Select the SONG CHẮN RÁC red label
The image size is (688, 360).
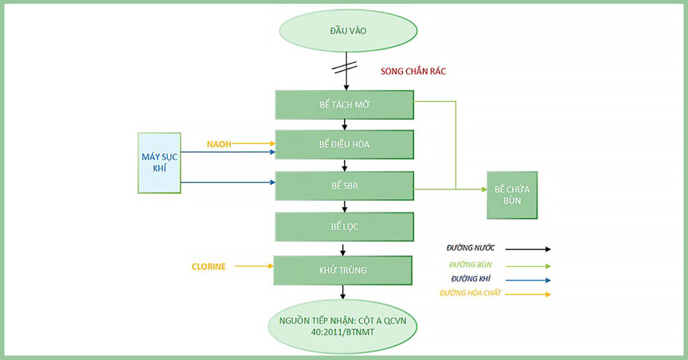coord(413,71)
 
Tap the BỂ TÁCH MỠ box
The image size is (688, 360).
coord(344,105)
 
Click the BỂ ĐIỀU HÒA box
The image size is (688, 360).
coord(344,144)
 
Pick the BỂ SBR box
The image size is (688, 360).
coord(344,185)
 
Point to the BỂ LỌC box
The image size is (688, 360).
coord(344,226)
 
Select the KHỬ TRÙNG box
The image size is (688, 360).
coord(344,270)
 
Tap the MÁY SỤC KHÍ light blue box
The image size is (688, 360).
coord(159,163)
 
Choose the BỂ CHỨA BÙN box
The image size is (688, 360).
coord(512,195)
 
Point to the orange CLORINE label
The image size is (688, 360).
coord(208,267)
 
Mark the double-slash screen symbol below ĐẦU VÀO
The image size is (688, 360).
coord(347,67)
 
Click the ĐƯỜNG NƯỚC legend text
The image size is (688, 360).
coord(470,249)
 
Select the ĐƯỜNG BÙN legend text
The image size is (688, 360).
coord(469,265)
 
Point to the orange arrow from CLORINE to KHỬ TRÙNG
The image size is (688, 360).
coord(253,267)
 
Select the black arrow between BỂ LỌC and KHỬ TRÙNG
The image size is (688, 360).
coord(344,249)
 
